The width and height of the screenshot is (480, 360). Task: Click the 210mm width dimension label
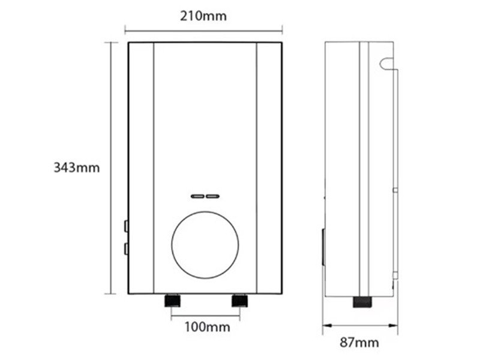click(x=204, y=16)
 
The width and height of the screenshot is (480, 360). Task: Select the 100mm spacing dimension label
click(x=206, y=327)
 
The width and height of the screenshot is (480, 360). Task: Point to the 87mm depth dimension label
click(x=359, y=343)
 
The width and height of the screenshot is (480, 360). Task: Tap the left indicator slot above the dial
click(x=197, y=196)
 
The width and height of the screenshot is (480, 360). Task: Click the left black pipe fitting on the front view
click(x=173, y=300)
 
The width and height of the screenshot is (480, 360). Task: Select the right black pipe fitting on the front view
click(x=239, y=300)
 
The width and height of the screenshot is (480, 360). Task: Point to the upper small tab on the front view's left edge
click(x=125, y=226)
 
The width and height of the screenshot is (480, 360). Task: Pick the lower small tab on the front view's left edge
click(x=125, y=248)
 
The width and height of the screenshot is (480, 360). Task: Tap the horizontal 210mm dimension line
click(x=204, y=28)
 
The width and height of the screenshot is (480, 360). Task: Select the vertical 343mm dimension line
click(x=110, y=168)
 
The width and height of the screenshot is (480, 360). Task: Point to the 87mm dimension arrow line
click(x=359, y=327)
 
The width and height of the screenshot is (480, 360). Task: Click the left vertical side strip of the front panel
click(x=142, y=168)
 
